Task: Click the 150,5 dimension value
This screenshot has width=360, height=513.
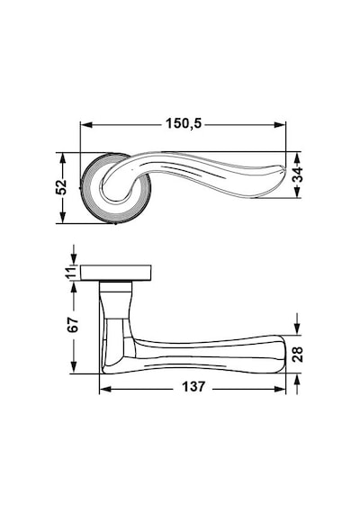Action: point(184,124)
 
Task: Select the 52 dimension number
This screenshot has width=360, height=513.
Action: point(61,187)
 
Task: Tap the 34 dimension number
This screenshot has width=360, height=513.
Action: point(298,175)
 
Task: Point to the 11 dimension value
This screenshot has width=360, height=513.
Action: point(72,274)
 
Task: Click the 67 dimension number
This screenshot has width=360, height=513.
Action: point(73,325)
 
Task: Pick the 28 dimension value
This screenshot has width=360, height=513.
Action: point(298,354)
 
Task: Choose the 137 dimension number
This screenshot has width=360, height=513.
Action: point(193,387)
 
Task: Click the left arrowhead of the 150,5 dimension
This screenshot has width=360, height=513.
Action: point(86,125)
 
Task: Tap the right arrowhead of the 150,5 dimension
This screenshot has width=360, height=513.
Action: point(280,125)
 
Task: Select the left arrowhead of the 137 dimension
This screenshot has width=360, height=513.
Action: point(105,389)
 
